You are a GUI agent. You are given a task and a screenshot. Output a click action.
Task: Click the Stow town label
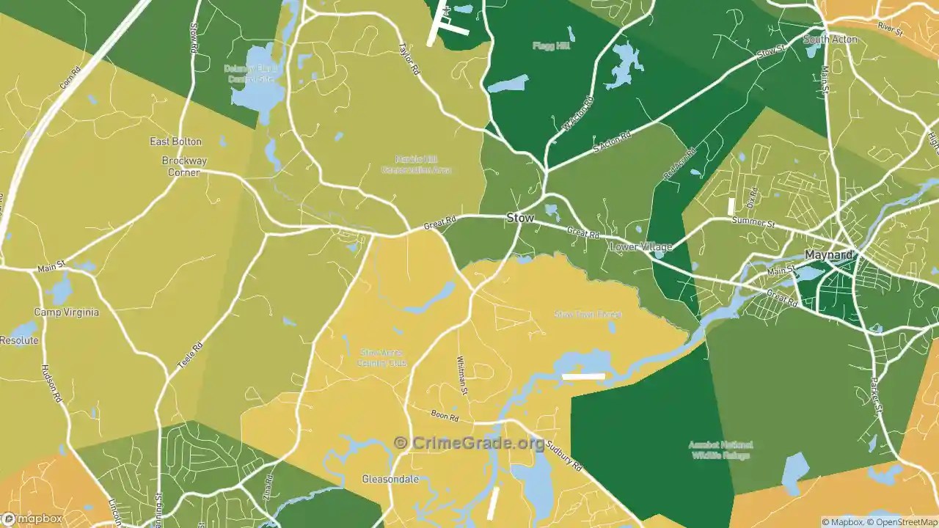(520, 218)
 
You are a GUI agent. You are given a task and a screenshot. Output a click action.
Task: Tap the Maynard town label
(829, 255)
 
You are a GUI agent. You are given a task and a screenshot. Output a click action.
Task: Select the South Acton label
(830, 39)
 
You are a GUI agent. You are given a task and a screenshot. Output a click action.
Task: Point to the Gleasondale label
(390, 480)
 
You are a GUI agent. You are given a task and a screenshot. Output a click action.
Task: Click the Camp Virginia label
(66, 312)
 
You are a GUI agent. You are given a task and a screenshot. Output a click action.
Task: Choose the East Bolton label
(175, 142)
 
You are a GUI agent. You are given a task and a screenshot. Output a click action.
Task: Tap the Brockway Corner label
(184, 166)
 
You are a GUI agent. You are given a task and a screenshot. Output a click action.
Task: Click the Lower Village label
(640, 247)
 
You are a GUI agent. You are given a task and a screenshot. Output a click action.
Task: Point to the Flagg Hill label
(551, 45)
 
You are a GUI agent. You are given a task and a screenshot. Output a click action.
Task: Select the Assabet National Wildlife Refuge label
(720, 450)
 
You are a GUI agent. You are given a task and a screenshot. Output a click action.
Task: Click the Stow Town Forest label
(588, 314)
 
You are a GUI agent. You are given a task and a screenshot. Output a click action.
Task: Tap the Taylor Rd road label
(409, 58)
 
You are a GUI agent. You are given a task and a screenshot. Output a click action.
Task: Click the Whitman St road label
(463, 376)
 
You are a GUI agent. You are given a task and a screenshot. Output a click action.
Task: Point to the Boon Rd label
(445, 416)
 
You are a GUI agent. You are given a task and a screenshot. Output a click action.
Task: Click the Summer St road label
(753, 221)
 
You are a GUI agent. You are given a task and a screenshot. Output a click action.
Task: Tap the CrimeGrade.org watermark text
(469, 443)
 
